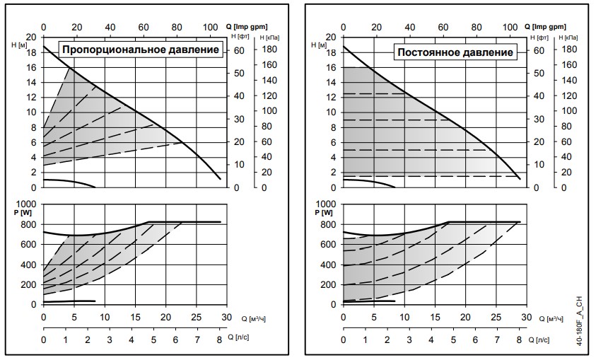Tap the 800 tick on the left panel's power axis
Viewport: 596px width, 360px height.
coord(29,224)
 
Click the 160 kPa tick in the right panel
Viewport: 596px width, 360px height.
coord(571,66)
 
